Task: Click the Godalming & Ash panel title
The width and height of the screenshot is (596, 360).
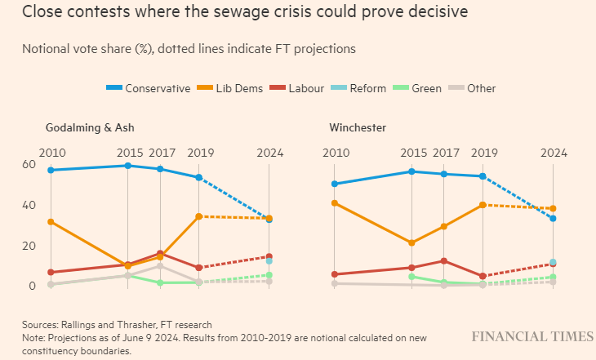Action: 90,128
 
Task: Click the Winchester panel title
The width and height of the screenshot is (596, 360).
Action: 358,128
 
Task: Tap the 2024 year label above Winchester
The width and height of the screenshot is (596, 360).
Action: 553,153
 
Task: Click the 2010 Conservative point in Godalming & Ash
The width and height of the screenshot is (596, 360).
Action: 51,170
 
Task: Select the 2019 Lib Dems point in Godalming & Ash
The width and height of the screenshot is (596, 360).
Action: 199,216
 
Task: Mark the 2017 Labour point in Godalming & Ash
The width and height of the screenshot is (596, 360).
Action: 160,254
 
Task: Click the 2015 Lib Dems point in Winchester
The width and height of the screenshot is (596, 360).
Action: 411,242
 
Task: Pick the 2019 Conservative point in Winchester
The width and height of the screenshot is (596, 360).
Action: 483,176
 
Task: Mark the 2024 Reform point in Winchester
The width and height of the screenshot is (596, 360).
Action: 553,263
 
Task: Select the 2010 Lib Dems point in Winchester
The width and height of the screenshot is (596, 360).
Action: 335,202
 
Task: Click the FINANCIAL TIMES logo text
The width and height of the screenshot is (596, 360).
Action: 532,336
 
